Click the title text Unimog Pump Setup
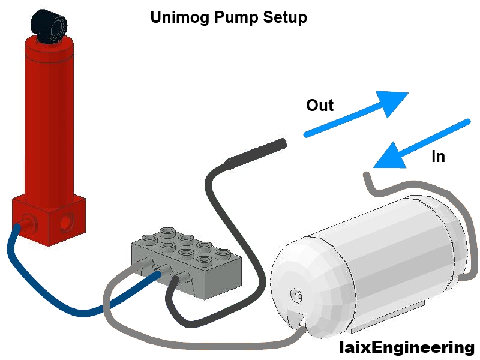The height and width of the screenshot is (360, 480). pyautogui.click(x=228, y=17)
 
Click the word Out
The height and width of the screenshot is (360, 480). pyautogui.click(x=319, y=106)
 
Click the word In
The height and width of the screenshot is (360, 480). pyautogui.click(x=438, y=157)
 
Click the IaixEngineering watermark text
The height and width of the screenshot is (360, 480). pyautogui.click(x=406, y=347)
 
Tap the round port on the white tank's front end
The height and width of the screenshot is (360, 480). pyautogui.click(x=295, y=294)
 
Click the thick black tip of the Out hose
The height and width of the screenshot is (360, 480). pyautogui.click(x=255, y=152)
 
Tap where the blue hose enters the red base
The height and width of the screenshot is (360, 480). pyautogui.click(x=25, y=225)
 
